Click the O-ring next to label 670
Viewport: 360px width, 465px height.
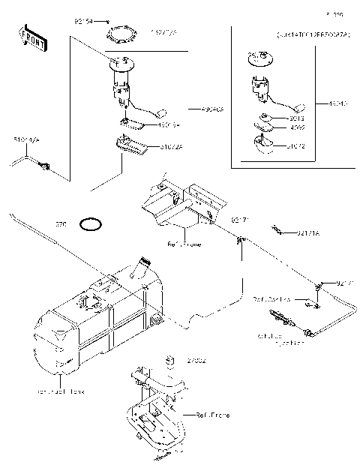[91, 223]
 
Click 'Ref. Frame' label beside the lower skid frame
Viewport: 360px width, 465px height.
[212, 415]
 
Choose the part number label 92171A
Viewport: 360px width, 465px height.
[307, 234]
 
